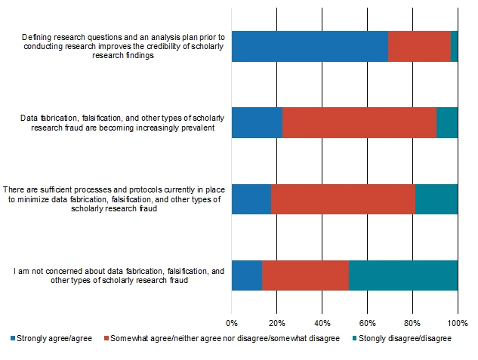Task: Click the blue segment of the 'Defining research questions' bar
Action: click(x=310, y=47)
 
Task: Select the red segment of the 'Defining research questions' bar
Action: click(x=419, y=47)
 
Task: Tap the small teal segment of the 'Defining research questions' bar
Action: click(x=454, y=47)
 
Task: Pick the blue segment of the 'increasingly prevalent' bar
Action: click(x=257, y=122)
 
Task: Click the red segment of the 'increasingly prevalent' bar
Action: click(x=359, y=122)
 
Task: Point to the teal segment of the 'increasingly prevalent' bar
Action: click(x=447, y=122)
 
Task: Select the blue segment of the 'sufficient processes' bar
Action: click(x=251, y=198)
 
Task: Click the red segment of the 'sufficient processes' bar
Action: click(x=343, y=198)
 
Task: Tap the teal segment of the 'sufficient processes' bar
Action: click(x=436, y=198)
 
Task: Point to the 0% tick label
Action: click(x=232, y=322)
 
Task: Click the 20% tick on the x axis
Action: click(x=277, y=322)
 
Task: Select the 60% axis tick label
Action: click(x=367, y=322)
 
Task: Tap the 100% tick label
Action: click(x=458, y=322)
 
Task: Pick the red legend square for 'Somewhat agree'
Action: click(x=106, y=339)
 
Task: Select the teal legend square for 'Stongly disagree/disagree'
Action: click(x=353, y=339)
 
